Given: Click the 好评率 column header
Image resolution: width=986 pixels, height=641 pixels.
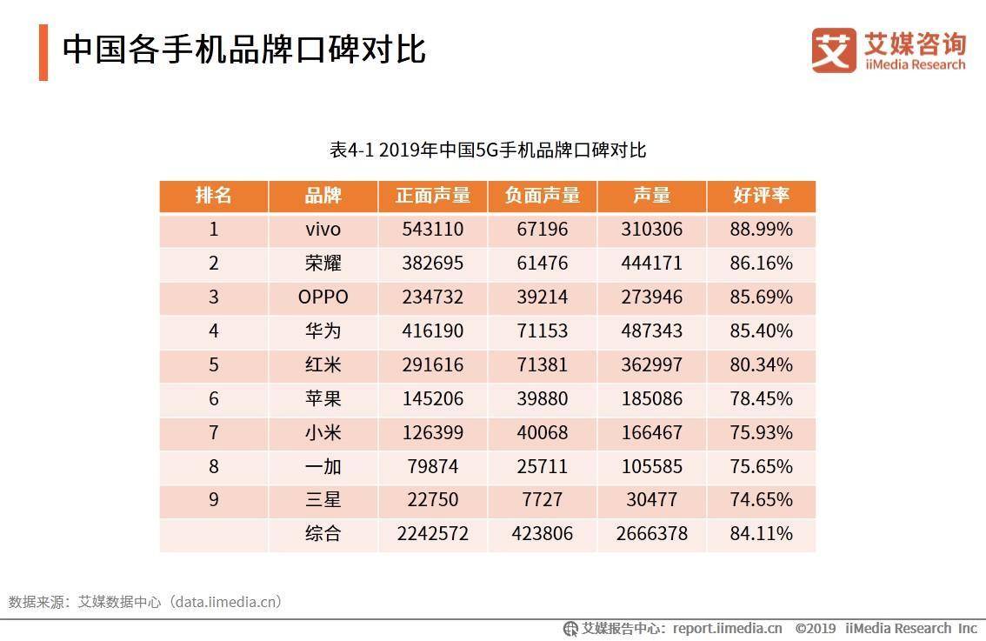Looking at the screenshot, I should point(761,196).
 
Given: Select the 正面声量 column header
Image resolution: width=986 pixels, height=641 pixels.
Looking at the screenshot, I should point(433,196).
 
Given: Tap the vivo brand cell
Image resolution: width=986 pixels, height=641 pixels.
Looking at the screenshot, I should point(323,230).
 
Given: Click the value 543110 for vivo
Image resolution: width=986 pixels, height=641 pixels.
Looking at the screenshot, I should point(433,230).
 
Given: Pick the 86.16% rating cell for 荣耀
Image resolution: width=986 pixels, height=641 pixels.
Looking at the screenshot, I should point(761,264).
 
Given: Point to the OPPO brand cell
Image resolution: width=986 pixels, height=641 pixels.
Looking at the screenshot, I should point(323,297).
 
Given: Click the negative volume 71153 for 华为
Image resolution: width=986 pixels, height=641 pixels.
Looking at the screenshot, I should point(542,331).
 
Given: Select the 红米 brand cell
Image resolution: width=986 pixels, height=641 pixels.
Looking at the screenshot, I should point(323,365).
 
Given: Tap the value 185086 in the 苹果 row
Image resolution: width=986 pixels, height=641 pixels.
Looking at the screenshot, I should point(651,399).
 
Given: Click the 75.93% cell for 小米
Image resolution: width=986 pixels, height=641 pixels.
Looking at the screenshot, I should point(761,433).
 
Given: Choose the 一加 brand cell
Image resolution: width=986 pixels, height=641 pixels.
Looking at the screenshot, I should point(323,467).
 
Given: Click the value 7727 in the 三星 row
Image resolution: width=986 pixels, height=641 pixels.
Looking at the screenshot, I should point(542,500).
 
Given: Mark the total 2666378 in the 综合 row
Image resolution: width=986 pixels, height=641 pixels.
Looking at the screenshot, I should point(651,534).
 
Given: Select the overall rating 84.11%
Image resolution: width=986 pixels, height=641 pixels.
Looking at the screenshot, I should point(761,534).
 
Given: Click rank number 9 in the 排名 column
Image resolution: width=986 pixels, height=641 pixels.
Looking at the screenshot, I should point(214,500).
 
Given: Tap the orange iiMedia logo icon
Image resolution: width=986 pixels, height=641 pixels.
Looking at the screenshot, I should point(833,50).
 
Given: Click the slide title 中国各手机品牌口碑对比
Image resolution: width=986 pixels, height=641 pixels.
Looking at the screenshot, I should point(243,50).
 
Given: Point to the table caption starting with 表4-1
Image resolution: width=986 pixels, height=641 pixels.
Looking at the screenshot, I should point(488,150).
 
